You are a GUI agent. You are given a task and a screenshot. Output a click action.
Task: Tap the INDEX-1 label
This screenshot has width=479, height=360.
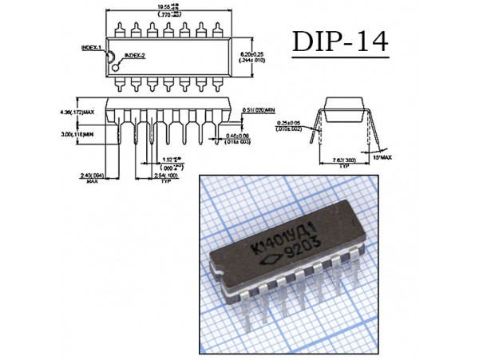(x=92, y=47)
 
